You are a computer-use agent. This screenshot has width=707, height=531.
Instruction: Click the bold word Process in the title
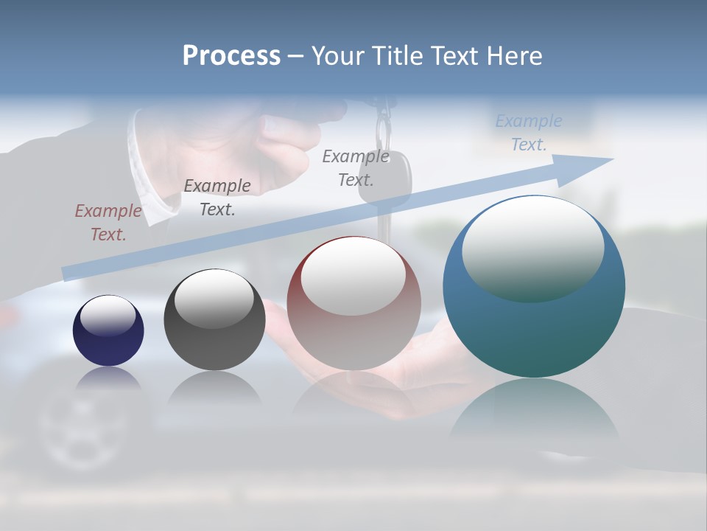coord(231,56)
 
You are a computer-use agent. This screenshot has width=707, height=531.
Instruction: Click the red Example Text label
coord(108,223)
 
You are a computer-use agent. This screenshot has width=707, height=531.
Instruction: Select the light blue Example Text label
coord(529,133)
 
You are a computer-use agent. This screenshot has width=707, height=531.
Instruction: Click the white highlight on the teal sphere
coord(533,248)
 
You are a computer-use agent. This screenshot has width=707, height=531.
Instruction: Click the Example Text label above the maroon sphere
coord(356,167)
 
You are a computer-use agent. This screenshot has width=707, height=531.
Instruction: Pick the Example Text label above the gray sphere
coord(217,198)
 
